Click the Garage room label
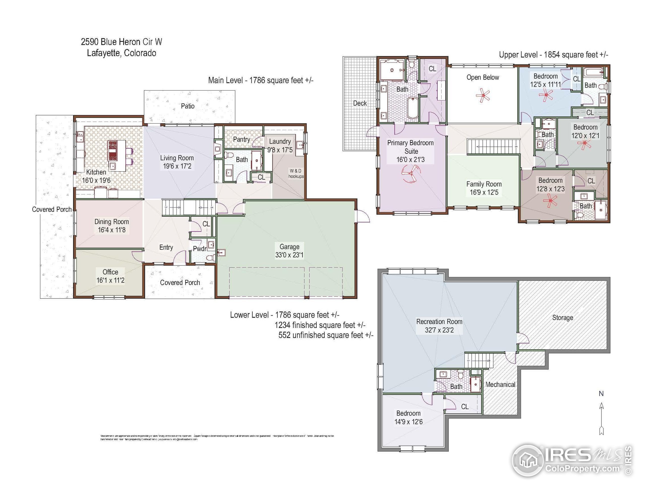pos(289,247)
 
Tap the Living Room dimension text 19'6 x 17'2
pos(177,166)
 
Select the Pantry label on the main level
pos(241,139)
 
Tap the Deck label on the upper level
pos(360,103)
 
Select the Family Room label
pos(484,184)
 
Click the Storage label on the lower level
pos(562,318)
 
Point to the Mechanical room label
pos(500,384)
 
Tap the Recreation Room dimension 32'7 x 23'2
pos(439,330)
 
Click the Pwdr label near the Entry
pos(200,249)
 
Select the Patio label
pos(187,106)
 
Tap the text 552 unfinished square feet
pos(326,335)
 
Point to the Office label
pos(110,272)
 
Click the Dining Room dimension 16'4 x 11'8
pos(112,230)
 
